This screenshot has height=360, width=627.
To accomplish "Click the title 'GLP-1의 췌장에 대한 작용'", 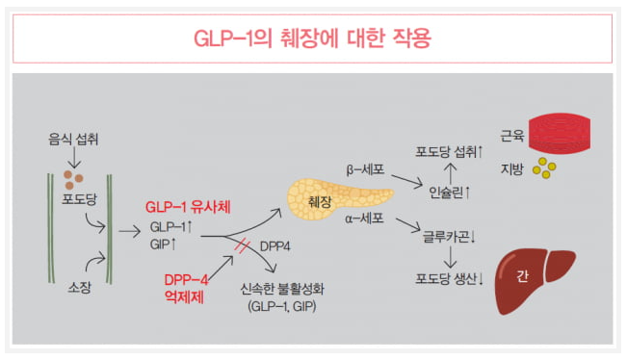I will (x=313, y=39).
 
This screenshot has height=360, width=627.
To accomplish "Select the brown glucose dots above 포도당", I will (x=73, y=177).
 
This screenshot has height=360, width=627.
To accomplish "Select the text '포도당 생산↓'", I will (x=449, y=279).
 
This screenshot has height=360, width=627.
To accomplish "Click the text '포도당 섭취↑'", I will (x=449, y=151).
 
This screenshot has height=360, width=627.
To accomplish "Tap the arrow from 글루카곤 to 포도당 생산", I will (x=449, y=257).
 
